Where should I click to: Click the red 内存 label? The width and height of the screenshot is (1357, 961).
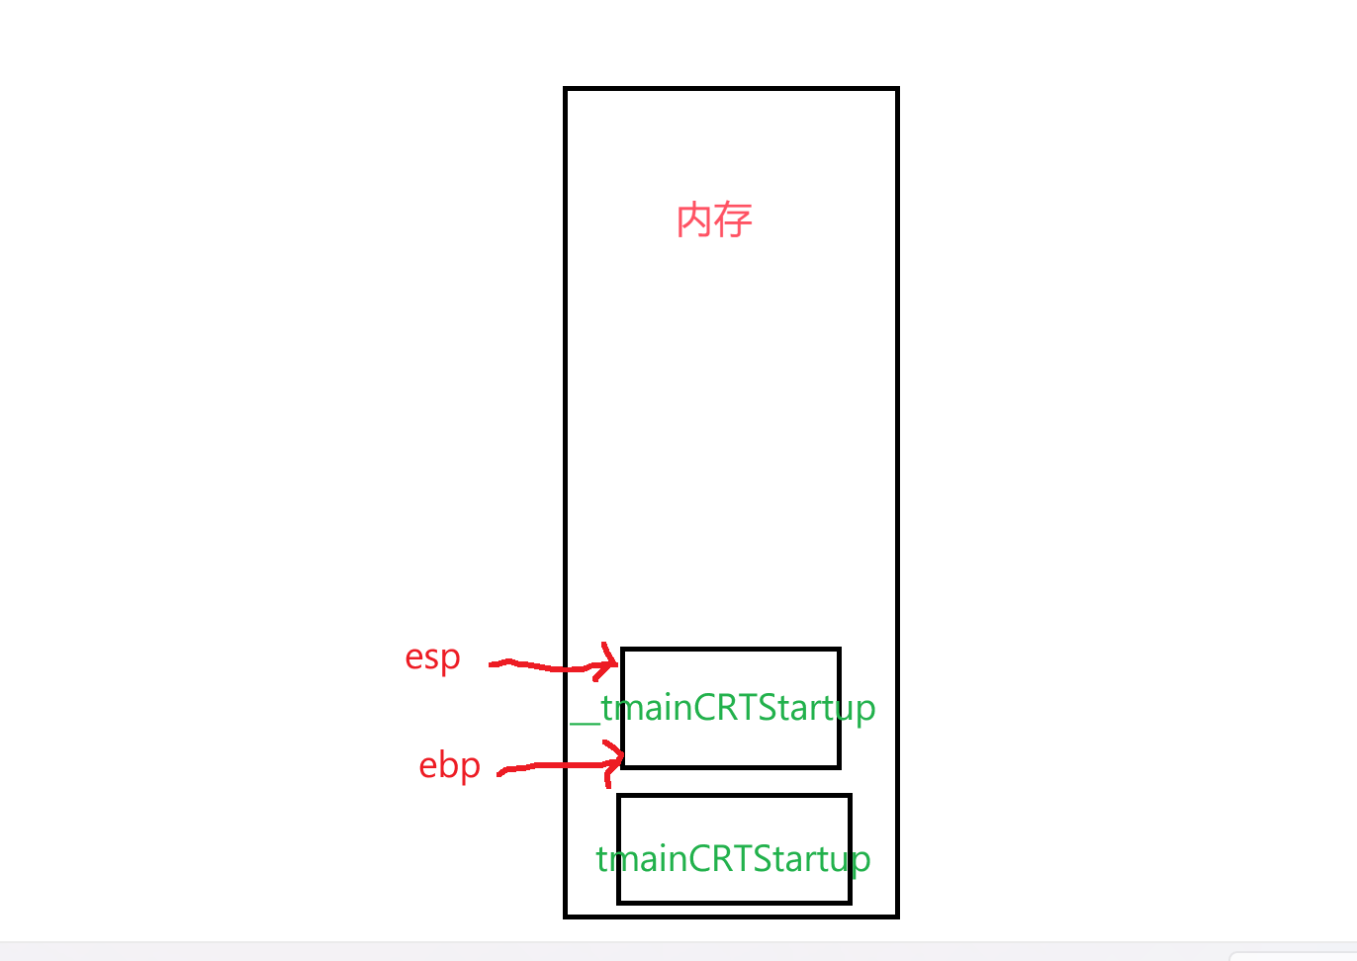point(714,220)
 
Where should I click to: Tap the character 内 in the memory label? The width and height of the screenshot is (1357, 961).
point(694,220)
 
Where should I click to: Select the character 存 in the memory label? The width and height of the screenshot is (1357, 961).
point(734,220)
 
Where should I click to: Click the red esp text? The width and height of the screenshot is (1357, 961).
point(432,657)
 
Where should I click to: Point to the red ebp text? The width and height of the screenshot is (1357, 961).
point(449,765)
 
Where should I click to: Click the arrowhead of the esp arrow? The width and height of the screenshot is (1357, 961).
point(614,663)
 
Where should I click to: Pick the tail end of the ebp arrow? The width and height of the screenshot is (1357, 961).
point(500,771)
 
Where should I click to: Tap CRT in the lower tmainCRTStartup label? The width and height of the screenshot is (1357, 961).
point(719,858)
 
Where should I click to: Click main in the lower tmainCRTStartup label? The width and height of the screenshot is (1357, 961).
point(649,858)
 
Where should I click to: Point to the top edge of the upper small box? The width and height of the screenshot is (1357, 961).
point(730,650)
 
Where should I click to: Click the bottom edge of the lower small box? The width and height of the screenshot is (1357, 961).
point(734,902)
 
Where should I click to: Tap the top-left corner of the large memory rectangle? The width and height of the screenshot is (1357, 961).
point(566,89)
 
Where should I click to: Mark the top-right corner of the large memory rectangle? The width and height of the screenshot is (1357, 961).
point(897,89)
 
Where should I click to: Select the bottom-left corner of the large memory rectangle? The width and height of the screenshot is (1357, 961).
point(566,917)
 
